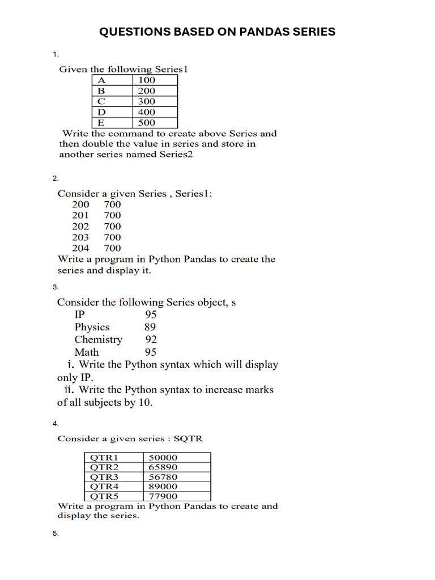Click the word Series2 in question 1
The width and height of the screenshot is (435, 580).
point(176,154)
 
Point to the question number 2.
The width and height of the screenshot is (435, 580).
point(56,178)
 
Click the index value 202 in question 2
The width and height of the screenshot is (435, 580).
point(80,226)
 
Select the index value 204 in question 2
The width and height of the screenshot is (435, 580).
point(80,248)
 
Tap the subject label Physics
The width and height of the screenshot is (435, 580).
point(92,327)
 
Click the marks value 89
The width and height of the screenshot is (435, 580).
point(150,327)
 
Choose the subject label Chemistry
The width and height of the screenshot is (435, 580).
point(98,339)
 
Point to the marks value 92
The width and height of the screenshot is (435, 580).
point(150,339)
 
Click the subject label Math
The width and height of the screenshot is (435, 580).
point(86,352)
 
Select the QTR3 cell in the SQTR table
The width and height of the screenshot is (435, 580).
point(105,477)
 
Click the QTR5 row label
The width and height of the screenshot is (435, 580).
point(105,496)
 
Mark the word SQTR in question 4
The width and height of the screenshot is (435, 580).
point(188,439)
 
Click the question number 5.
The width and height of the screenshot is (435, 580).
point(56,534)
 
